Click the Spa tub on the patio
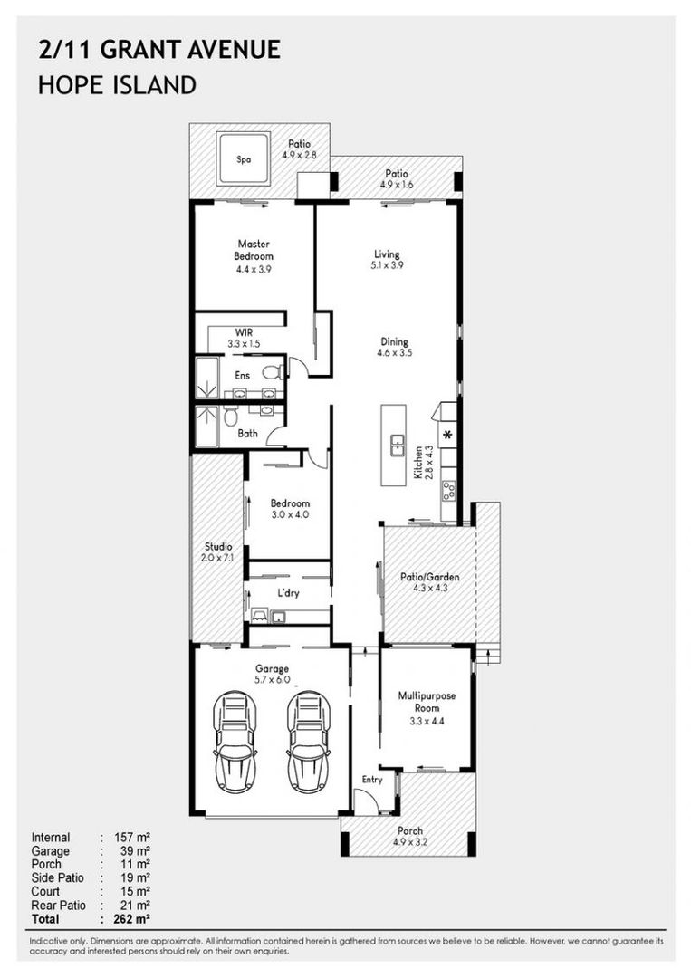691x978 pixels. point(244,158)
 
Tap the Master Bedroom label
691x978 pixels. point(254,250)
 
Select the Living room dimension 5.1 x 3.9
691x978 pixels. point(387,265)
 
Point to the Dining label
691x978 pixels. point(394,341)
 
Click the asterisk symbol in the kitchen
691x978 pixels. point(447,435)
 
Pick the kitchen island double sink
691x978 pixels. point(397,446)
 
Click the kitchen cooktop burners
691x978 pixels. point(448,490)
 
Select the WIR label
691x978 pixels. point(244,332)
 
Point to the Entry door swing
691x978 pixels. point(363,800)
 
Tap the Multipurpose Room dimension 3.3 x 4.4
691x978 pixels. point(427,721)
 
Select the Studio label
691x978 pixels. point(218,546)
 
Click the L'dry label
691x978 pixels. point(288,592)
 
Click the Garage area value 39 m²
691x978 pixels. point(135,850)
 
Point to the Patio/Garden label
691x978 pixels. point(429,577)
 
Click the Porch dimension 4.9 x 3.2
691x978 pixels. point(410,842)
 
